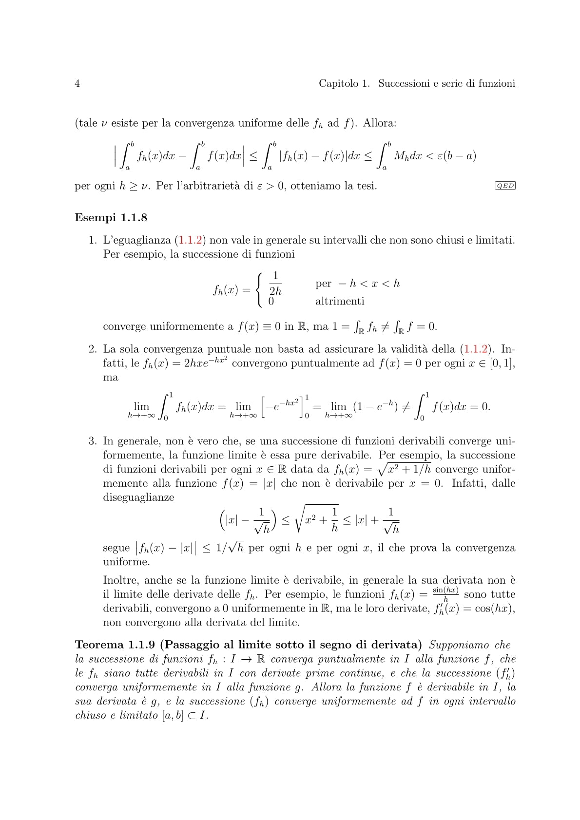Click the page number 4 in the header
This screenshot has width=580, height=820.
pos(77,84)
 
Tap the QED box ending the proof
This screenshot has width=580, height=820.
pos(505,186)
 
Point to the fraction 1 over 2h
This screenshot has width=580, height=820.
pos(275,284)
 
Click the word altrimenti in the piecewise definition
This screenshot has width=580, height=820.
pos(340,301)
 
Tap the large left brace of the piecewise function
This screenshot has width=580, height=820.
pos(260,289)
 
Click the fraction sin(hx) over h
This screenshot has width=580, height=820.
pos(445,594)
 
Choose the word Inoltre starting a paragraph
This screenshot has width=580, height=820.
pos(120,580)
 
